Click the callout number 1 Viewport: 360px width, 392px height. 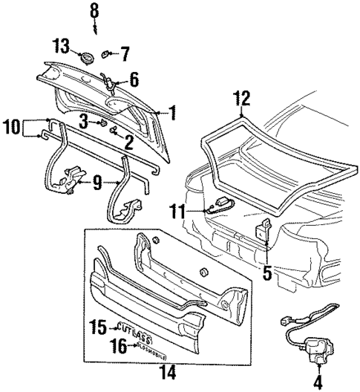(172, 114)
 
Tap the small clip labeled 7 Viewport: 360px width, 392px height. (106, 53)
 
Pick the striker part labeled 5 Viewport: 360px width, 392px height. (263, 232)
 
